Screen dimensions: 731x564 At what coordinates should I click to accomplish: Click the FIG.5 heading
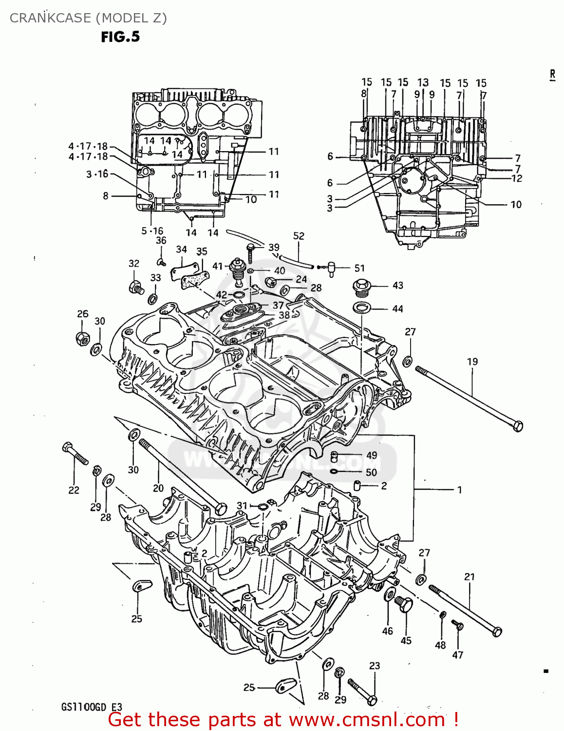[x=120, y=37]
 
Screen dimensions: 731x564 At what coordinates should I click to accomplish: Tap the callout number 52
[x=299, y=236]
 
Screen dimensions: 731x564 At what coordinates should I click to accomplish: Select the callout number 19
[x=472, y=362]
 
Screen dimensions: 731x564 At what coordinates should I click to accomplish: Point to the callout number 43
[x=397, y=286]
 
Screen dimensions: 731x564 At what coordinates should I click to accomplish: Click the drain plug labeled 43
[x=360, y=288]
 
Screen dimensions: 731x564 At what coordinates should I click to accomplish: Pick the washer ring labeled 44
[x=361, y=308]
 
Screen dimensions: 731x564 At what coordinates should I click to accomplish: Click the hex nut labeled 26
[x=82, y=338]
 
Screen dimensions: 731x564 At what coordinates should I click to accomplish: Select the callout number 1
[x=459, y=490]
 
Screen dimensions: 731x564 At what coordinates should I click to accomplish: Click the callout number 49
[x=372, y=455]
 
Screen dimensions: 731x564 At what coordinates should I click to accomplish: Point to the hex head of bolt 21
[x=497, y=632]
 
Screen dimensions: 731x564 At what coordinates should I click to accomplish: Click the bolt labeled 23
[x=362, y=693]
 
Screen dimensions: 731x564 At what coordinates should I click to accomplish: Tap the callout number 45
[x=406, y=641]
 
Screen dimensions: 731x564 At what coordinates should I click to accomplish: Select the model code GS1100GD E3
[x=92, y=707]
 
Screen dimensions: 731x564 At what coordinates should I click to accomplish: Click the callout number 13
[x=423, y=83]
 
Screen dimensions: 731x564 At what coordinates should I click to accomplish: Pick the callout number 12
[x=517, y=179]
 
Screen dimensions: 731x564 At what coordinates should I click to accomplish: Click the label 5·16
[x=152, y=231]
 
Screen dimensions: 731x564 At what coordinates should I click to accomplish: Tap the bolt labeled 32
[x=136, y=287]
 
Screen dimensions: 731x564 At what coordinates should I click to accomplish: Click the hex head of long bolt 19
[x=518, y=426]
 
